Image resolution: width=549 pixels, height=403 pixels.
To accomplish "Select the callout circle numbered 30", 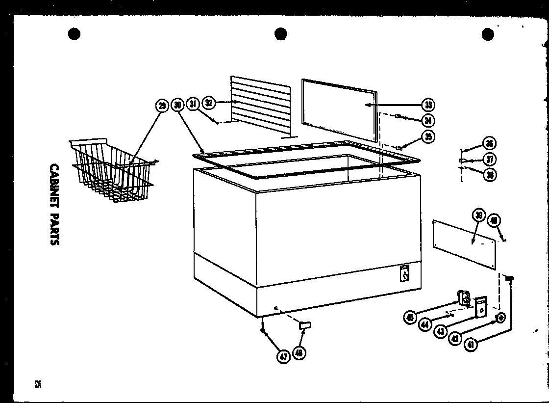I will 177,105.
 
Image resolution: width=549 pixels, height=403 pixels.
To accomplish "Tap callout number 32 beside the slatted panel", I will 209,103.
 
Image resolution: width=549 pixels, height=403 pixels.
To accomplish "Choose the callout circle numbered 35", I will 429,136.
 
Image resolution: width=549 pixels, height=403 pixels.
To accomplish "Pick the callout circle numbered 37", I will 489,159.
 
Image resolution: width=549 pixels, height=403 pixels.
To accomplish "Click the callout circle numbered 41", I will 471,345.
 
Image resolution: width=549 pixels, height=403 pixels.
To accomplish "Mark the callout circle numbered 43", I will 441,331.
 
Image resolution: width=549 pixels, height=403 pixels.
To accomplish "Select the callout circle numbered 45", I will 410,318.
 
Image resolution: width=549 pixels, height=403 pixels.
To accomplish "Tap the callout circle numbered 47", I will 283,357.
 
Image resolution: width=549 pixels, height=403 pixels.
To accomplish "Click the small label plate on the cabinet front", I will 405,274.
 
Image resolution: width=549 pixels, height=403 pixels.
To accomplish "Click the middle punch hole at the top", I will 280,34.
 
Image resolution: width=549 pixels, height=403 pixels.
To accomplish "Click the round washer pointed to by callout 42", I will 500,318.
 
